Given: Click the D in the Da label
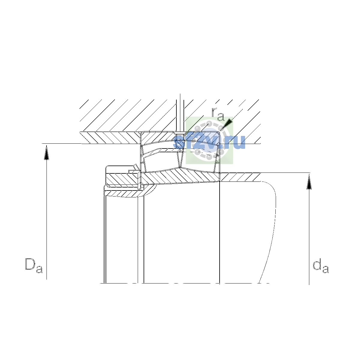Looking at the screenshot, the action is [x=30, y=264].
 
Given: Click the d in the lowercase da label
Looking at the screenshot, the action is [x=317, y=264].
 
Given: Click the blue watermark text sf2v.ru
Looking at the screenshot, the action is [x=209, y=142].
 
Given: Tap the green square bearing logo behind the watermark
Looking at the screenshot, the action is [x=209, y=140].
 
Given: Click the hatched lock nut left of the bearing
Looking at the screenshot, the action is [x=122, y=179].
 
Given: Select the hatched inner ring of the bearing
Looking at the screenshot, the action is [x=180, y=176].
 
